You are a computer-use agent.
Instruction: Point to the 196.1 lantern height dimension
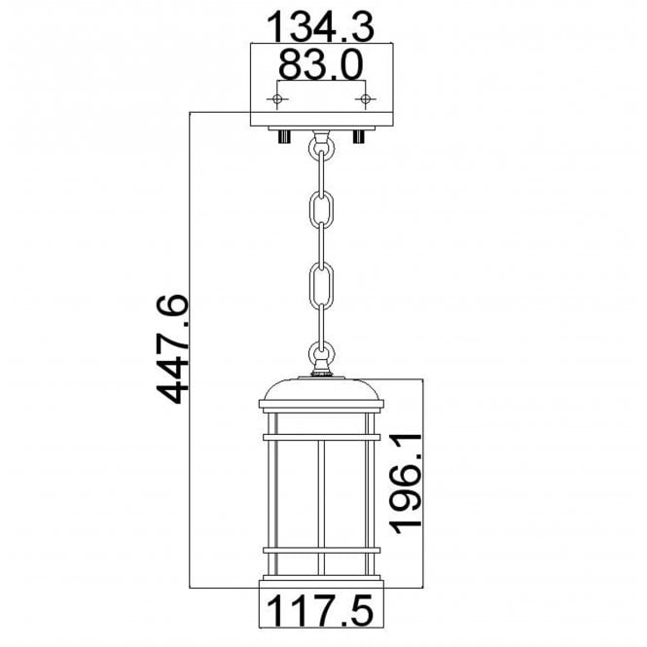coord(407,484)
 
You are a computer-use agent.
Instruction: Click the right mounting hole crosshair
coord(365,99)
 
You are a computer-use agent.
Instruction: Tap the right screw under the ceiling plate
coord(360,135)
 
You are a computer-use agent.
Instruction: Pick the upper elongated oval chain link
coord(322,212)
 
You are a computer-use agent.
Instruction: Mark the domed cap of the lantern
coord(322,389)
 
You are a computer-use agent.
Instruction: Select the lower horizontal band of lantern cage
coord(322,553)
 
